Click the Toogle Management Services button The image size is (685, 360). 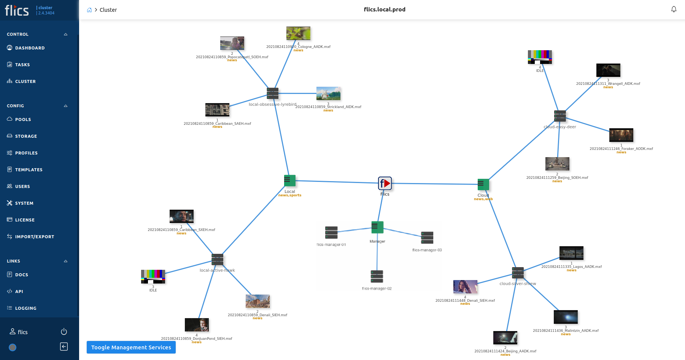[131, 347]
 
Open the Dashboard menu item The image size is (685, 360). [30, 48]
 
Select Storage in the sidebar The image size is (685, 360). [26, 136]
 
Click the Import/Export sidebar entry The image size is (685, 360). [34, 237]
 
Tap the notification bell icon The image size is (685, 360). [674, 9]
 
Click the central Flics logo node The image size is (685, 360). [385, 183]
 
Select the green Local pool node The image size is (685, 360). [290, 180]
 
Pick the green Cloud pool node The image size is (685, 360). [483, 185]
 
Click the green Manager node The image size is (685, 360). [377, 227]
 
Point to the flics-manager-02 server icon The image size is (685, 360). [377, 276]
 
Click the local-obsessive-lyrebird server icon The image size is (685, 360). [273, 93]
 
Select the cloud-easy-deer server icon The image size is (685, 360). [560, 116]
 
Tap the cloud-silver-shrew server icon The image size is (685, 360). [518, 273]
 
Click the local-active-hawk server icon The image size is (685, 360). [218, 260]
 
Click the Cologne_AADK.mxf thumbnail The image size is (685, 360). [298, 33]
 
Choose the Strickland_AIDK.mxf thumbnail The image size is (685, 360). [328, 93]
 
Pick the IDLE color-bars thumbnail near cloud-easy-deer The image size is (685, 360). [540, 57]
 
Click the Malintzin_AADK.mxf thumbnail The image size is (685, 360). [566, 317]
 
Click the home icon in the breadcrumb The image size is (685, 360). [89, 10]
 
